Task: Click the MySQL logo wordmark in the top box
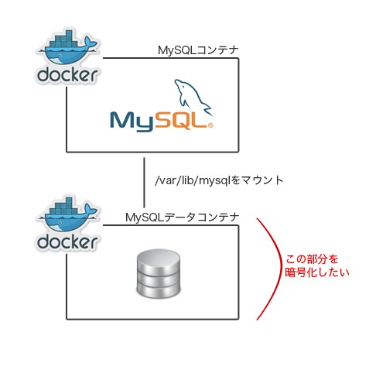point(160,121)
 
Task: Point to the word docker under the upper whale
point(67,76)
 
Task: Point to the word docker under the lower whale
point(67,241)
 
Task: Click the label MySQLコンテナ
point(197,50)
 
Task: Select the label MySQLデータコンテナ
point(182,217)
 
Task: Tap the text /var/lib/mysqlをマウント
point(219,180)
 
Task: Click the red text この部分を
point(313,258)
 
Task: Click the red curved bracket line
point(272,267)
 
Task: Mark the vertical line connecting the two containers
point(145,183)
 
